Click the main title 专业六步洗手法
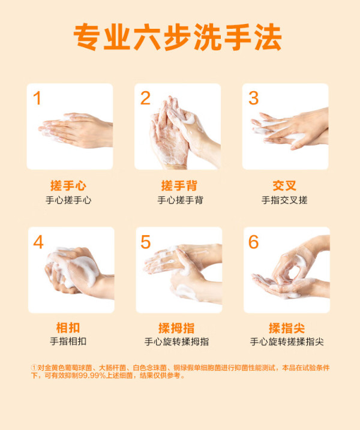pyautogui.click(x=178, y=37)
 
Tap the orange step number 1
pyautogui.click(x=37, y=98)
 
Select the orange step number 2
pyautogui.click(x=145, y=98)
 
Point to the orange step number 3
pyautogui.click(x=253, y=98)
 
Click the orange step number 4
pyautogui.click(x=38, y=242)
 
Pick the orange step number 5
pyautogui.click(x=145, y=242)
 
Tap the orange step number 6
pyautogui.click(x=254, y=242)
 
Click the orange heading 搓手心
pyautogui.click(x=68, y=186)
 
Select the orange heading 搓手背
pyautogui.click(x=179, y=186)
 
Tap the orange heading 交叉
pyautogui.click(x=284, y=186)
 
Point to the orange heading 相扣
pyautogui.click(x=68, y=327)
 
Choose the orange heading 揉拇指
pyautogui.click(x=176, y=328)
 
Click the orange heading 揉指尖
pyautogui.click(x=287, y=328)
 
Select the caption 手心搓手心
pyautogui.click(x=68, y=200)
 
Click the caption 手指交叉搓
pyautogui.click(x=284, y=200)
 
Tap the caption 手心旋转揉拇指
pyautogui.click(x=176, y=342)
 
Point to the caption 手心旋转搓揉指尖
pyautogui.click(x=287, y=342)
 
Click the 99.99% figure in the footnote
pyautogui.click(x=92, y=375)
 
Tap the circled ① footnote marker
pyautogui.click(x=34, y=368)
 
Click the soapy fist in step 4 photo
pyautogui.click(x=72, y=270)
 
